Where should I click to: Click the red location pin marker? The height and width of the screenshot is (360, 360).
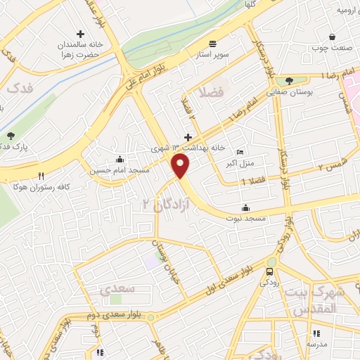[x=181, y=166]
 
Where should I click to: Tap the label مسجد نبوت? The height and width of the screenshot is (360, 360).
[x=245, y=219]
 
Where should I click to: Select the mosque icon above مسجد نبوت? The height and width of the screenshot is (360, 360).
[x=245, y=207]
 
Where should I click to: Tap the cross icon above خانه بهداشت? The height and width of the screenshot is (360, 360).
[x=187, y=137]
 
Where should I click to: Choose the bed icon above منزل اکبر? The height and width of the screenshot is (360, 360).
[x=240, y=151]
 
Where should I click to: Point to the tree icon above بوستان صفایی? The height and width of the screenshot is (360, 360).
[x=288, y=80]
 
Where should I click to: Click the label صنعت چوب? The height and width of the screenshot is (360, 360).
[x=332, y=48]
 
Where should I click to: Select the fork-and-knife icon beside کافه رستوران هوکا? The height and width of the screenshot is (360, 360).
[x=41, y=176]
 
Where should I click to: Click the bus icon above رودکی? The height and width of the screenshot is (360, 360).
[x=270, y=271]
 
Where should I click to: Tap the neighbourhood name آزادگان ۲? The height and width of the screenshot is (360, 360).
[x=156, y=204]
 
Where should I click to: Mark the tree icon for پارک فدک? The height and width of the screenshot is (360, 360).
[x=10, y=136]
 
